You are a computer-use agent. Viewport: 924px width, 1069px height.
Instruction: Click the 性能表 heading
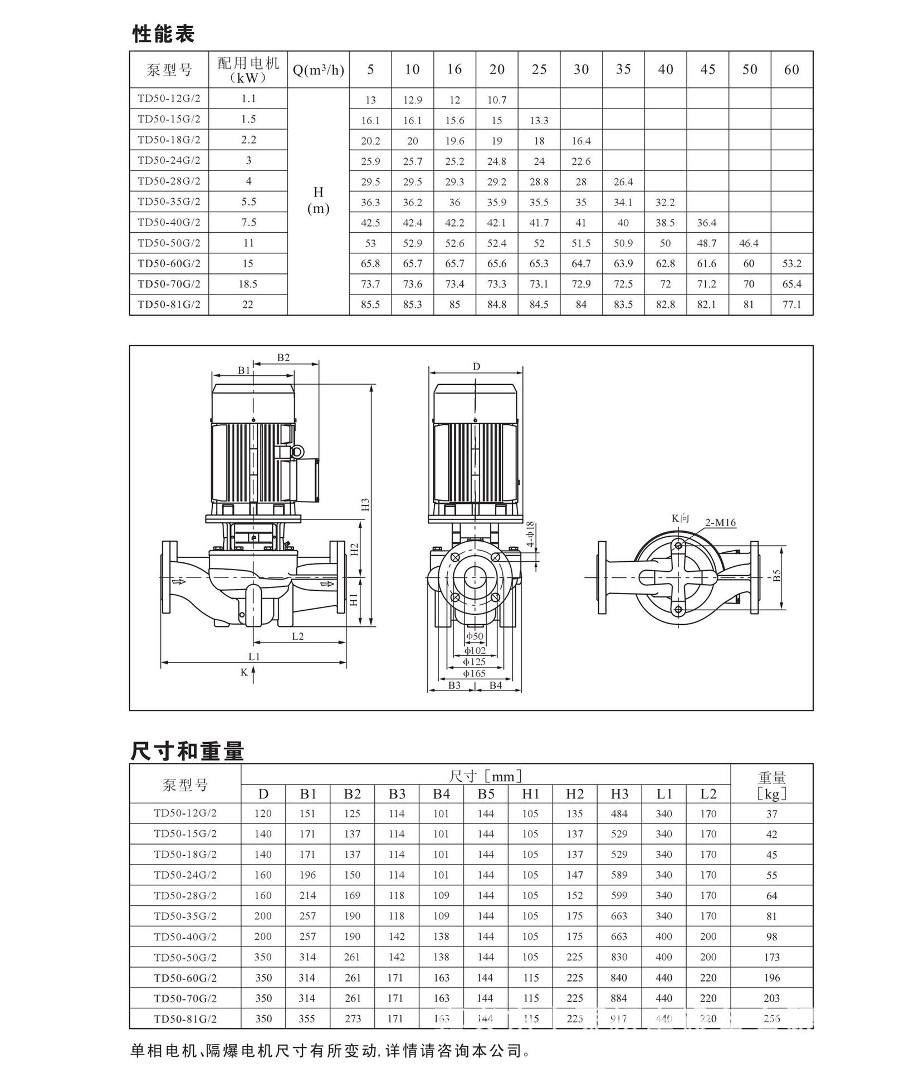(163, 34)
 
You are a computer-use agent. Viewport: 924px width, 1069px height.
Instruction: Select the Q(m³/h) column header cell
(318, 70)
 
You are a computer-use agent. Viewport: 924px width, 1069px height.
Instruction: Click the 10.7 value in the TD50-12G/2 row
(496, 100)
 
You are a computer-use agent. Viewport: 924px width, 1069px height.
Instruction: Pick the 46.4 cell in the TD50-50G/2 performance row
(749, 243)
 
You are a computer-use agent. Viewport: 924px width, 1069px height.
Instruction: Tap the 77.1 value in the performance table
(791, 305)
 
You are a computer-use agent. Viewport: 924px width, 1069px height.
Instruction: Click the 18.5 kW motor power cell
(248, 284)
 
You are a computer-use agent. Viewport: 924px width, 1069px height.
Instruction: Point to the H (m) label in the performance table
(318, 200)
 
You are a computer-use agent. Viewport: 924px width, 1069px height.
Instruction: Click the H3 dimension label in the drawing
(365, 504)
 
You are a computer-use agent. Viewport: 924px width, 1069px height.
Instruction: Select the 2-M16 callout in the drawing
(720, 522)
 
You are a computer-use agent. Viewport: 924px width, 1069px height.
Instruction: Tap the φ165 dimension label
(475, 673)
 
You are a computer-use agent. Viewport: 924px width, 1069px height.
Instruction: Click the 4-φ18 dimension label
(530, 534)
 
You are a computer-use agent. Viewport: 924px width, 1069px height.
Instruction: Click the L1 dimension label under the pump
(254, 656)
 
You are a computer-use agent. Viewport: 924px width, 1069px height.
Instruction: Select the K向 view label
(680, 518)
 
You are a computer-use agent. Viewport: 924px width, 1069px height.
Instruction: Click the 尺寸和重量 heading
(187, 751)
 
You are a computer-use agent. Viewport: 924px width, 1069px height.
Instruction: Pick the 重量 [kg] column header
(771, 784)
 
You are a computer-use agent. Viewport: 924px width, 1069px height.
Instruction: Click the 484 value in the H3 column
(619, 814)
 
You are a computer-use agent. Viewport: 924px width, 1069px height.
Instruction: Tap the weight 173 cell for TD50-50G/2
(771, 957)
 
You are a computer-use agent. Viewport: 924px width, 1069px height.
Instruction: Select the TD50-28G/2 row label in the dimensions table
(185, 895)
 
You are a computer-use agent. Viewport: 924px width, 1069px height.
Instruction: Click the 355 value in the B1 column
(307, 1018)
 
